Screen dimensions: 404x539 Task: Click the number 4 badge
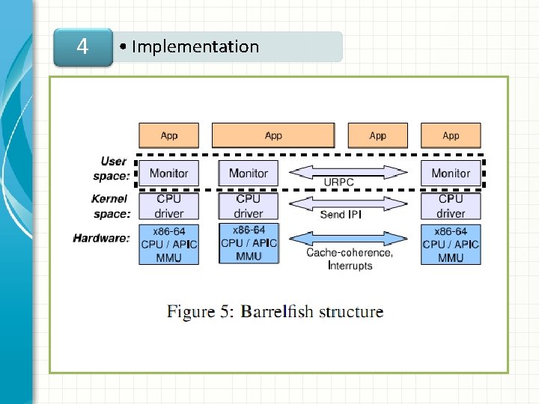pyautogui.click(x=82, y=47)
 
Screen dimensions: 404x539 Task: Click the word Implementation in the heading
pyautogui.click(x=195, y=46)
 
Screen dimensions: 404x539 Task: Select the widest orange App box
pyautogui.click(x=273, y=135)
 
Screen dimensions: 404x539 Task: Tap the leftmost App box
pyautogui.click(x=169, y=135)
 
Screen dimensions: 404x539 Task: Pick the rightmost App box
pyautogui.click(x=451, y=135)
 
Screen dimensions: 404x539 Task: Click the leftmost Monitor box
pyautogui.click(x=169, y=174)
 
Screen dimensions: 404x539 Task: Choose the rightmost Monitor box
pyautogui.click(x=451, y=174)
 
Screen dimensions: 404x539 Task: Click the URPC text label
pyautogui.click(x=338, y=182)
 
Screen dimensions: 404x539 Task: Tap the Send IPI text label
pyautogui.click(x=342, y=215)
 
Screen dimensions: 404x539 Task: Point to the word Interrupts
pyautogui.click(x=350, y=266)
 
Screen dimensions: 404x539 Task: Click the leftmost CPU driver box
pyautogui.click(x=169, y=206)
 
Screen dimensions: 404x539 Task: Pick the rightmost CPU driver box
pyautogui.click(x=451, y=206)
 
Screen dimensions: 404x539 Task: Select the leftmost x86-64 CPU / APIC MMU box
pyautogui.click(x=169, y=245)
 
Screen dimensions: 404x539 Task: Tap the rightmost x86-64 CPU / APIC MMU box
pyautogui.click(x=451, y=245)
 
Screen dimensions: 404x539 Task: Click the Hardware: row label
pyautogui.click(x=102, y=239)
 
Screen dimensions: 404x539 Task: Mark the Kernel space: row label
pyautogui.click(x=110, y=206)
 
